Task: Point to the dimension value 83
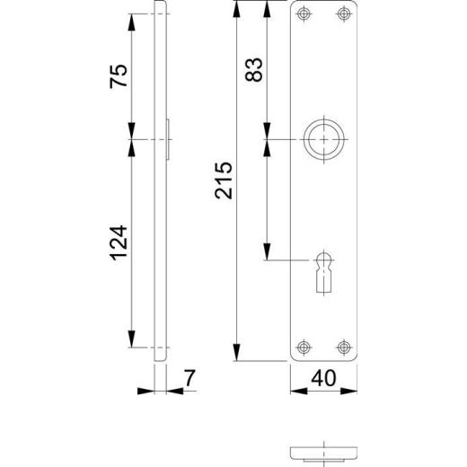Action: pyautogui.click(x=253, y=71)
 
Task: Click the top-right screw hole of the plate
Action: pyautogui.click(x=342, y=13)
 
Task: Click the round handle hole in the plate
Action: pyautogui.click(x=324, y=140)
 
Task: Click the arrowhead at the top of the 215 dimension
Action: pyautogui.click(x=236, y=8)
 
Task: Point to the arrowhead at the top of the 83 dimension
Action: pyautogui.click(x=267, y=8)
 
